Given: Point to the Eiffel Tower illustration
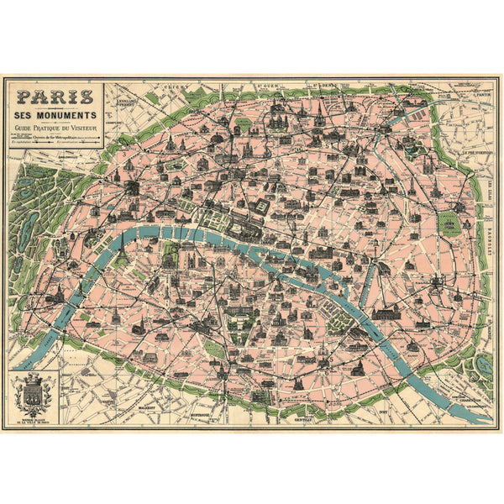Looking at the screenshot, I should (122, 245).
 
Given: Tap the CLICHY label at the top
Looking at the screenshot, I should (177, 86).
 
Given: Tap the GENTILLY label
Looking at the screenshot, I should (297, 416).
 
